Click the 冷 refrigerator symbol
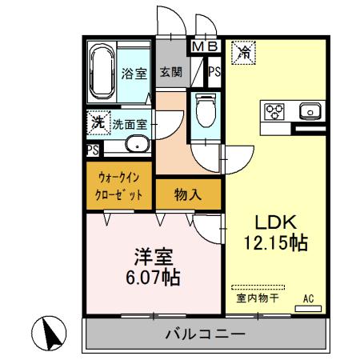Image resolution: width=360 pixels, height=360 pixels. [x=242, y=54]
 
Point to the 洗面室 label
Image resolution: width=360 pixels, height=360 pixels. [x=129, y=124]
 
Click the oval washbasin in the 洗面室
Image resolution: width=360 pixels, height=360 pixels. [x=136, y=146]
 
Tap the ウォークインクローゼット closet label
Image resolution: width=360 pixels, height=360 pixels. [x=119, y=187]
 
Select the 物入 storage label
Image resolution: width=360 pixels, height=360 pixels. [x=188, y=194]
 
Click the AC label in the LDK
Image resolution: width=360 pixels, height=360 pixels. [x=308, y=300]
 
